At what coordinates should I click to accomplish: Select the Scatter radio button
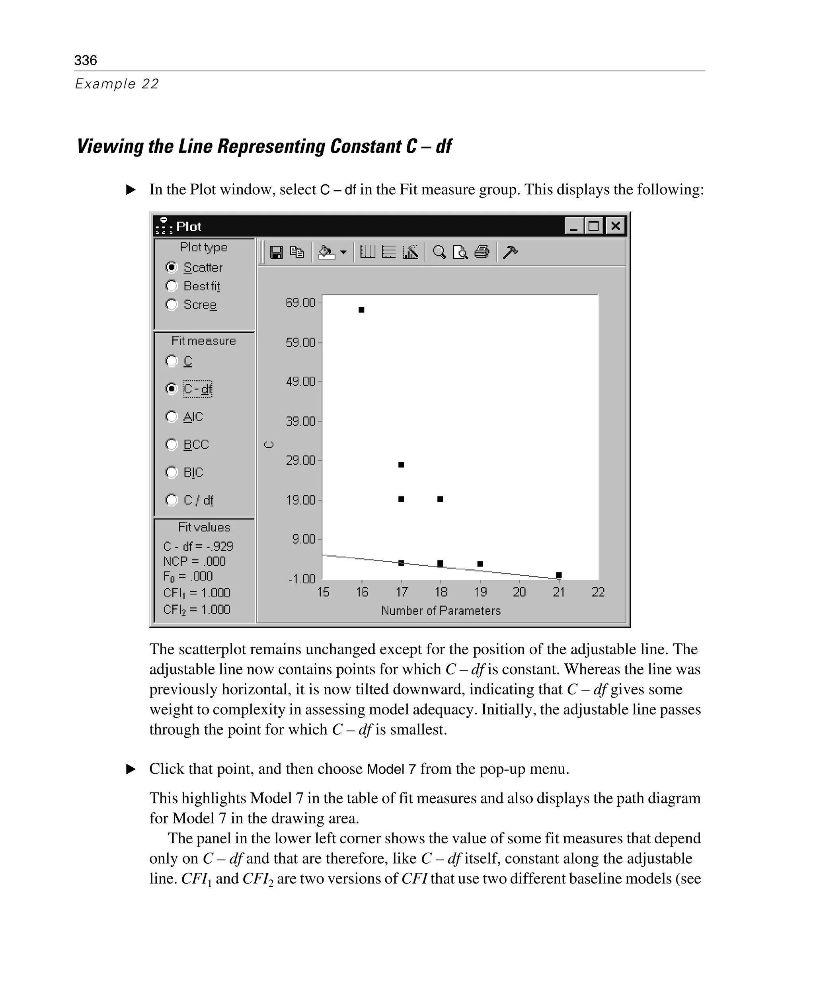pos(172,267)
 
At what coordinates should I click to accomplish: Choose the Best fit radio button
pos(172,286)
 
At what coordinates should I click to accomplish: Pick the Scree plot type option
pos(172,305)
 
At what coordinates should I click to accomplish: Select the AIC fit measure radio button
pos(172,416)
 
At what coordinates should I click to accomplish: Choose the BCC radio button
pos(172,444)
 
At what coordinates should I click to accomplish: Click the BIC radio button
pos(172,472)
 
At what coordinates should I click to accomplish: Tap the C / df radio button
pos(172,500)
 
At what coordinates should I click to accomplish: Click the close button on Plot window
pos(615,227)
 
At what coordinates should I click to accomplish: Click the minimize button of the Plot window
pos(574,227)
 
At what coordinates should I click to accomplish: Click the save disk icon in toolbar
pos(276,253)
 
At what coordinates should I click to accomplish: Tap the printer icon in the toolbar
pos(482,252)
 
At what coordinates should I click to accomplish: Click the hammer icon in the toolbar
pos(510,252)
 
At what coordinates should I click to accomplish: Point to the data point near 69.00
pos(361,309)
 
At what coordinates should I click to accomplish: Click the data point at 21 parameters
pos(559,575)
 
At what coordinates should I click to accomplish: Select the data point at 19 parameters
pos(480,564)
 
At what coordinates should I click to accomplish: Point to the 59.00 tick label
pos(300,342)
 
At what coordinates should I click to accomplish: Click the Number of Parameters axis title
pos(441,611)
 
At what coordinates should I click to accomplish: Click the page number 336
pos(86,61)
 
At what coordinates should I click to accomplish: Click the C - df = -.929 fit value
pos(198,546)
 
